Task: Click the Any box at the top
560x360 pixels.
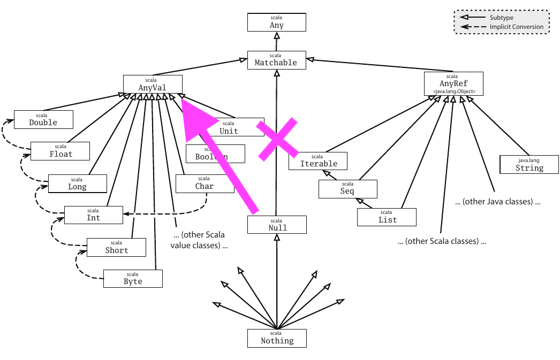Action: click(x=276, y=22)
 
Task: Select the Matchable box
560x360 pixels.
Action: click(x=276, y=59)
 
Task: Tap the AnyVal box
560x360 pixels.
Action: click(x=153, y=84)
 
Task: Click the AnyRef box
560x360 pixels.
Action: click(x=453, y=84)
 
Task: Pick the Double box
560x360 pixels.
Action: click(x=43, y=119)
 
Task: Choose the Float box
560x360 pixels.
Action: click(x=60, y=151)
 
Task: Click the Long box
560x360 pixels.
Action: click(x=77, y=183)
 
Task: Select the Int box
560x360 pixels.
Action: click(x=93, y=215)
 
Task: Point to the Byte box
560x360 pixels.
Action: click(x=133, y=279)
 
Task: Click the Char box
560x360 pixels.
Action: click(x=205, y=183)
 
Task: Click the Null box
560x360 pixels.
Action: click(x=277, y=225)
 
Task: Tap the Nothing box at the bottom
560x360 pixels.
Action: click(x=277, y=338)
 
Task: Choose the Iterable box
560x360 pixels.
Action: click(x=318, y=161)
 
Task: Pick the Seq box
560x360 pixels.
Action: click(x=347, y=189)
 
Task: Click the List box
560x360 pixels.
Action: click(x=387, y=217)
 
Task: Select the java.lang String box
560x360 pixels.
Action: click(x=529, y=165)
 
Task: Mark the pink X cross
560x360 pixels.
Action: click(x=277, y=139)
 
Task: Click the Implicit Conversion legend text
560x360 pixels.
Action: click(x=516, y=27)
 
